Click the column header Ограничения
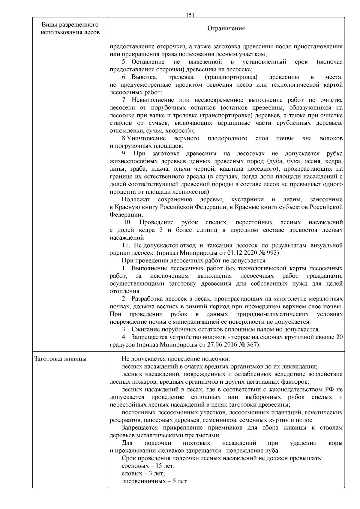point(226,28)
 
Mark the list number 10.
point(128,222)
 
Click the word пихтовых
point(196,443)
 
